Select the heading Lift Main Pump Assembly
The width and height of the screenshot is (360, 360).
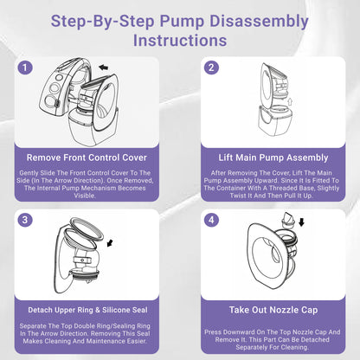click(273, 158)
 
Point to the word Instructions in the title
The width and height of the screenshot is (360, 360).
click(180, 40)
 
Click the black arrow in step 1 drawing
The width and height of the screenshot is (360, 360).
click(104, 66)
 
